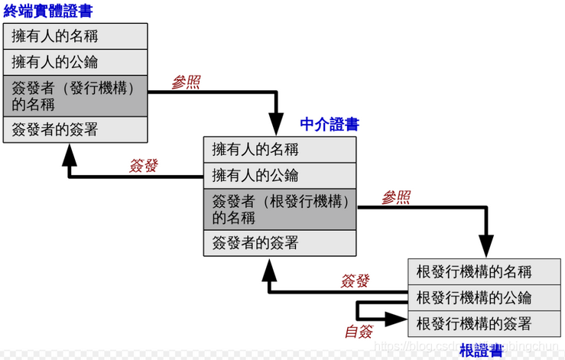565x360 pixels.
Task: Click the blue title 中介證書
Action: [x=330, y=125]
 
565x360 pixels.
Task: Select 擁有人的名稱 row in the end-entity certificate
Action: [x=75, y=36]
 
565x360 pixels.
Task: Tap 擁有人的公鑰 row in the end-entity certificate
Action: [x=75, y=62]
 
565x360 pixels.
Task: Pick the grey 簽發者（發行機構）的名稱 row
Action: [x=75, y=96]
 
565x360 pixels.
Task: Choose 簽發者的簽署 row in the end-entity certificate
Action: [x=75, y=130]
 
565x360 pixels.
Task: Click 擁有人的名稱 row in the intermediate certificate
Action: [x=280, y=150]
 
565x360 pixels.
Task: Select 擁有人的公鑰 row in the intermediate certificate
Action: [x=280, y=176]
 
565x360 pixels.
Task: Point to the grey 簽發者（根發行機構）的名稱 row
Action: [x=280, y=209]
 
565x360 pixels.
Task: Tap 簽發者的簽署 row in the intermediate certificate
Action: [x=280, y=243]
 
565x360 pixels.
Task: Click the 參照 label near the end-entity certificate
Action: [x=186, y=83]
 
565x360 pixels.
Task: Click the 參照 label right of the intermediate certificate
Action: [x=395, y=198]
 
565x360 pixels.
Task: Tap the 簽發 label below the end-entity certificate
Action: [x=143, y=166]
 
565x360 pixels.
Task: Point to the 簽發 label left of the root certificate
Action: [x=355, y=281]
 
